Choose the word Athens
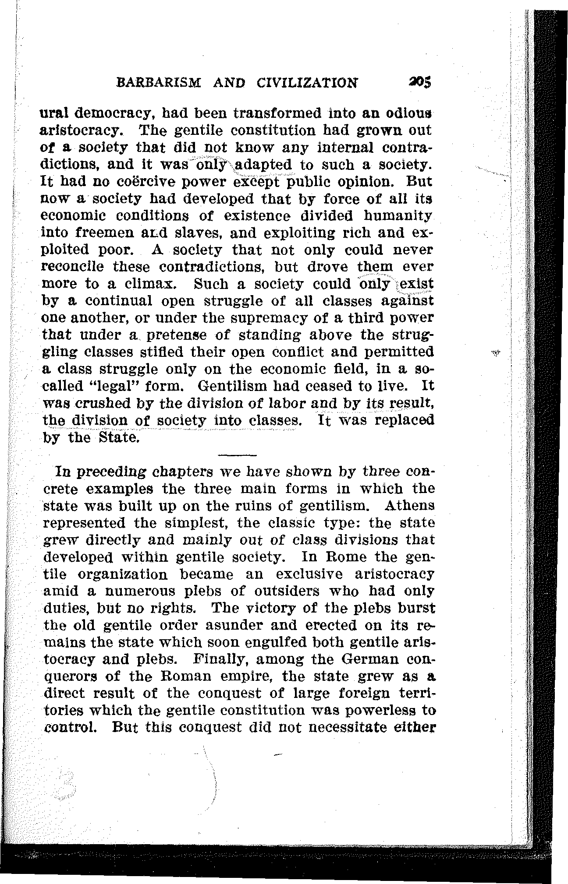(x=410, y=506)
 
